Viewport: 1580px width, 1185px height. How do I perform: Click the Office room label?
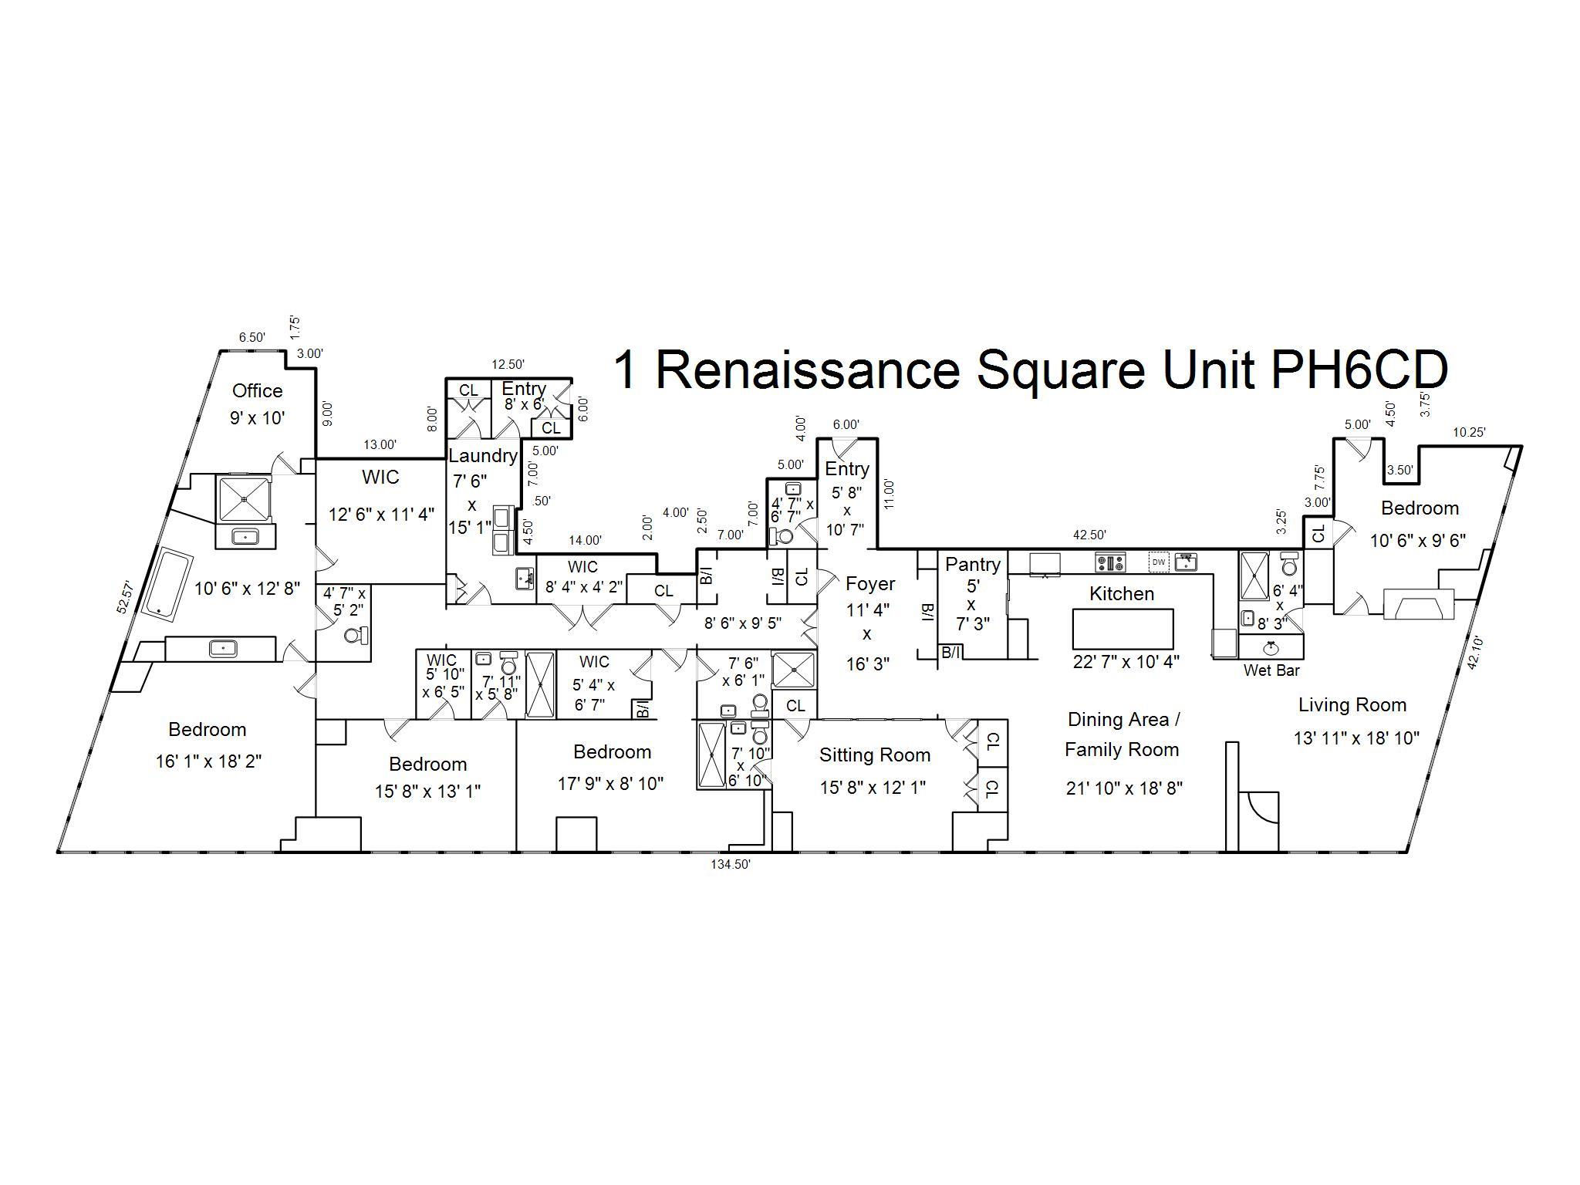coord(258,390)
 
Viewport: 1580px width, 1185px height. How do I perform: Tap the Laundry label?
coord(483,455)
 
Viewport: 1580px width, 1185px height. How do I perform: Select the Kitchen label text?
coord(1122,593)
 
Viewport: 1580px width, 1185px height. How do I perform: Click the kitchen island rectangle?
coord(1123,629)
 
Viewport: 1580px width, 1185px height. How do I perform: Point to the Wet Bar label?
coord(1271,670)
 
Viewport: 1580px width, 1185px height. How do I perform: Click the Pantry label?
coord(973,565)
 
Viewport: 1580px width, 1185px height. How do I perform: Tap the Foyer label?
coord(870,583)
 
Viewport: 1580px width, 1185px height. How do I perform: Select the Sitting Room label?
coord(875,755)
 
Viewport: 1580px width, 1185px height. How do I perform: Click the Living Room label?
coord(1352,704)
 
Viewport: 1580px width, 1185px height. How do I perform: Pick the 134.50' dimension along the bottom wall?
coord(731,865)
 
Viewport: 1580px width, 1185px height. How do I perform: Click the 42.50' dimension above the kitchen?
coord(1089,535)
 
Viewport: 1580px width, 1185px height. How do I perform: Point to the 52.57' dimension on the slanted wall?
coord(126,598)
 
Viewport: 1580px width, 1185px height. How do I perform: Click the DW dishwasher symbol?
coord(1159,562)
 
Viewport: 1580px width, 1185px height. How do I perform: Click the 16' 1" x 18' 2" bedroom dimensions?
coord(208,761)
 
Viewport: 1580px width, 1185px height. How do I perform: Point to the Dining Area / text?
coord(1123,720)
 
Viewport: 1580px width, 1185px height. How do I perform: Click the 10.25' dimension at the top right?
coord(1469,433)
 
